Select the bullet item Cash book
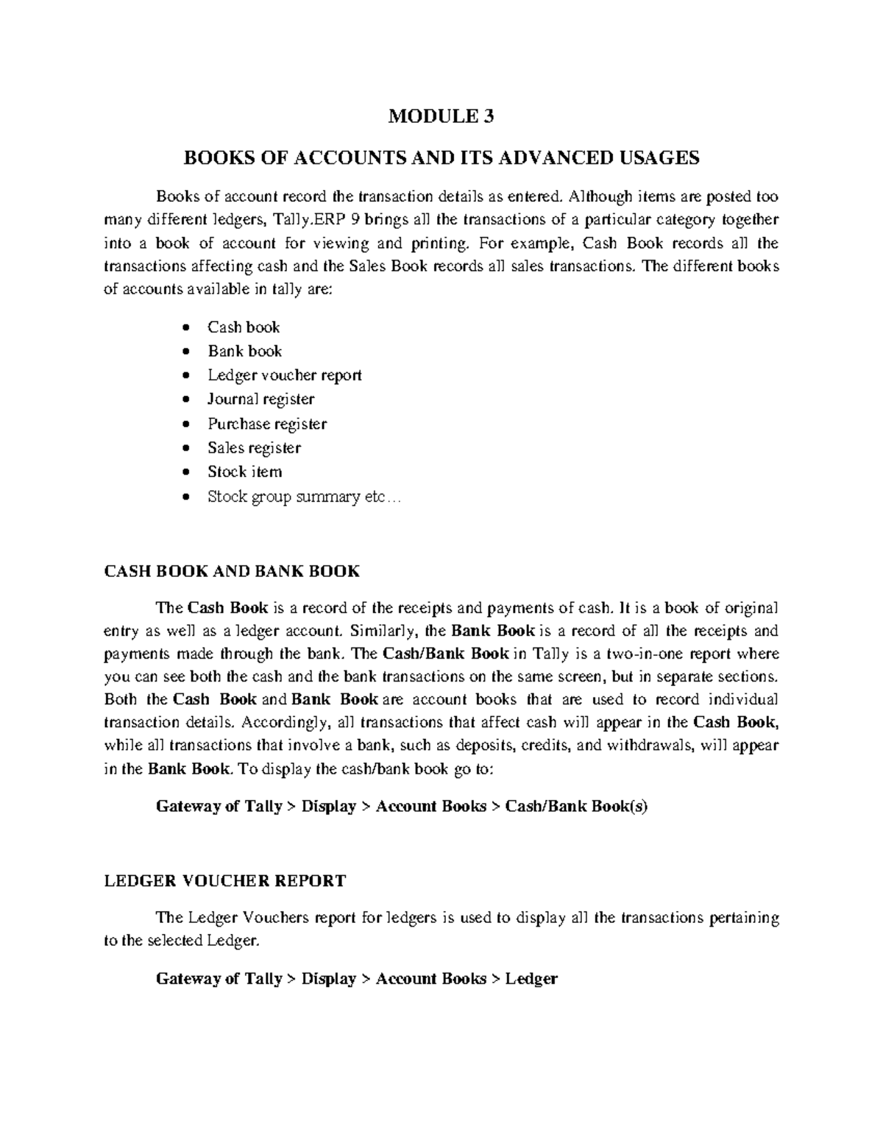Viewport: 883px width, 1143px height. tap(244, 328)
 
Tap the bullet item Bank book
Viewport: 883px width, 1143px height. tap(244, 352)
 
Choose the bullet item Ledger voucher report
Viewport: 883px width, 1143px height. tap(284, 375)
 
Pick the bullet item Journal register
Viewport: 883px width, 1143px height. tap(260, 400)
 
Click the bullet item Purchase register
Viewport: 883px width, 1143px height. tap(267, 424)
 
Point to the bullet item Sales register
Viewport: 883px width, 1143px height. tap(254, 448)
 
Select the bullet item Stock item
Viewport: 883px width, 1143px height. tap(244, 472)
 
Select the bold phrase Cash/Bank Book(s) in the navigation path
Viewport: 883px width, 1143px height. tap(576, 807)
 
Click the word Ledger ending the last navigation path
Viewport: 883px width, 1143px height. tap(531, 979)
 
